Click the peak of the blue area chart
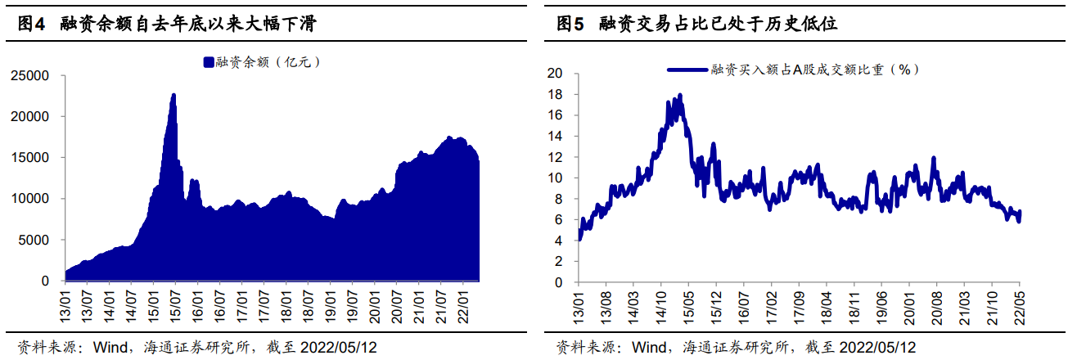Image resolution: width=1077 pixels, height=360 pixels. tap(173, 95)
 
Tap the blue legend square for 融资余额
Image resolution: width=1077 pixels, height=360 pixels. tap(209, 61)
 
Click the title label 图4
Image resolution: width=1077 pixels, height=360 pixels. tap(30, 25)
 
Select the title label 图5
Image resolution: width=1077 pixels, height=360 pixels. tap(570, 25)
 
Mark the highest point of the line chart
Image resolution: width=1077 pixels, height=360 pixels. tap(680, 95)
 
